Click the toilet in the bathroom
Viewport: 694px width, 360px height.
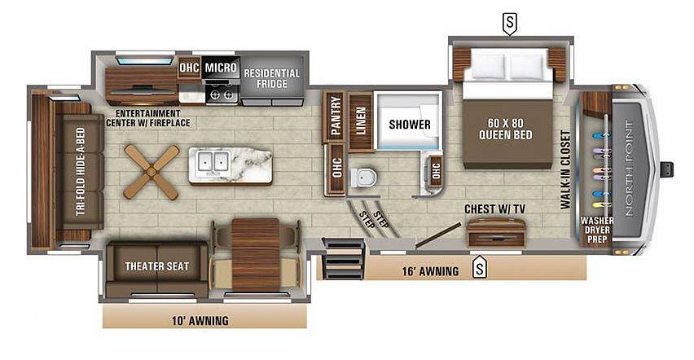tap(363, 178)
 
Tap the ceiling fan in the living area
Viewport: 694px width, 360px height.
tap(152, 171)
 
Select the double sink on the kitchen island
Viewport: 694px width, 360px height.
tap(213, 160)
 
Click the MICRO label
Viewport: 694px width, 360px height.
tap(221, 68)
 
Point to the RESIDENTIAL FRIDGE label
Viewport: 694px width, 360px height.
tap(272, 78)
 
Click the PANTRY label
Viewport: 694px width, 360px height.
tap(336, 116)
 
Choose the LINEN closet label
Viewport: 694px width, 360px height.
tap(361, 121)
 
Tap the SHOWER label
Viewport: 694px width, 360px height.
tap(410, 125)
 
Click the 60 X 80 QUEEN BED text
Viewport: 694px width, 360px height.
tap(506, 129)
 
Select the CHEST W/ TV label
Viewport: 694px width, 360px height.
tap(494, 209)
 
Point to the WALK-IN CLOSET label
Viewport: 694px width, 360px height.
tap(565, 169)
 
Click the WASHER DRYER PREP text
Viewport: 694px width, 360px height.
tap(597, 230)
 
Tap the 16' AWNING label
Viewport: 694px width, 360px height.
tap(430, 271)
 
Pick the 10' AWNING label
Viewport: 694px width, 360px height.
tap(200, 320)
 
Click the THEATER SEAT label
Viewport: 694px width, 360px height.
tap(156, 266)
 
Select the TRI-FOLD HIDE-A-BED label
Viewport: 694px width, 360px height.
tap(80, 172)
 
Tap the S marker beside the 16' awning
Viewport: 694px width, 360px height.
tap(479, 268)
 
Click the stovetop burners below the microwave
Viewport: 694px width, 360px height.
tap(222, 94)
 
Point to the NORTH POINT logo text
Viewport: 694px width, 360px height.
tap(630, 168)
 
